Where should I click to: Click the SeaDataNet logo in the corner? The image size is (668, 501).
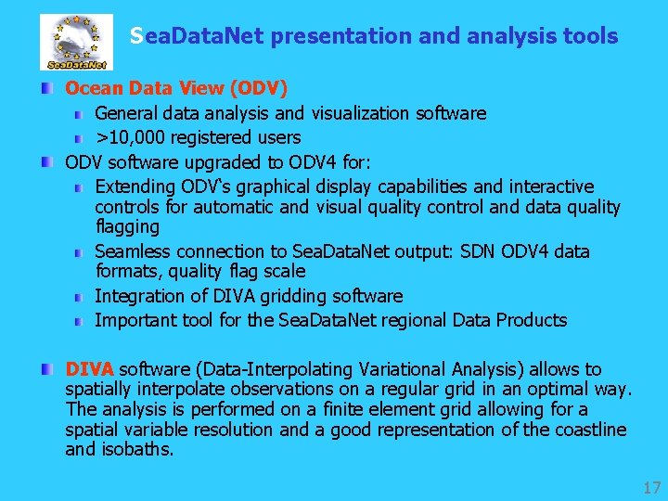(75, 42)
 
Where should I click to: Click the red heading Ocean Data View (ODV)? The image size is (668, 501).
(176, 88)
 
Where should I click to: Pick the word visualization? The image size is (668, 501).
(360, 113)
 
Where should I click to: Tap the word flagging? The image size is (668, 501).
(127, 227)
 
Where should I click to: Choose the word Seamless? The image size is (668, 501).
(134, 251)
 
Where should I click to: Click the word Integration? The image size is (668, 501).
(138, 296)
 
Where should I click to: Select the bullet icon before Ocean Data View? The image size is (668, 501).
(47, 89)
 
